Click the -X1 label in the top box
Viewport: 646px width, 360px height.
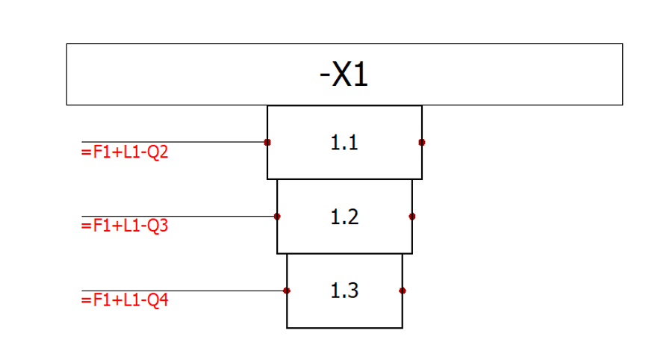click(x=344, y=75)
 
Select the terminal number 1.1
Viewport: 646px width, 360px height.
click(x=344, y=143)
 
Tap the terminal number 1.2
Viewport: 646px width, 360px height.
click(x=344, y=217)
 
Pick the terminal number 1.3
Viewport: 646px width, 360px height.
click(x=344, y=291)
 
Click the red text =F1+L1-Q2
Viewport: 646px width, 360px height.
click(x=125, y=152)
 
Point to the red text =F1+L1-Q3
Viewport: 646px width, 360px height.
click(x=125, y=226)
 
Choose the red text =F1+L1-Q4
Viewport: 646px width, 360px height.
click(x=125, y=300)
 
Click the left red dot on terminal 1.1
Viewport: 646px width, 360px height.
click(x=267, y=142)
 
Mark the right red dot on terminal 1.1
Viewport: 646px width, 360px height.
click(x=421, y=142)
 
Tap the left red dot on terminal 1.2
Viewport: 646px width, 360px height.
click(x=277, y=217)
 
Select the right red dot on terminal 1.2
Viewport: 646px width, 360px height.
click(x=412, y=217)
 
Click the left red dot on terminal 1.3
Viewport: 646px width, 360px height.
click(x=287, y=291)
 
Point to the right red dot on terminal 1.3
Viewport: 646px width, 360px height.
click(x=403, y=291)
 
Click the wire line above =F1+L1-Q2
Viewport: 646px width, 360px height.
click(x=174, y=142)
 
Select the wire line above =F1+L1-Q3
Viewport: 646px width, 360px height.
click(x=179, y=217)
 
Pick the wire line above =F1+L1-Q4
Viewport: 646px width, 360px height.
click(x=184, y=291)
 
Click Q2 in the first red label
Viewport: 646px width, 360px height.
click(x=158, y=152)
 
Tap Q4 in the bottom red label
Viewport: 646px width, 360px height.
click(x=158, y=300)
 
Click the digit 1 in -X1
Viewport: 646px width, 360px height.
click(x=361, y=75)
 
